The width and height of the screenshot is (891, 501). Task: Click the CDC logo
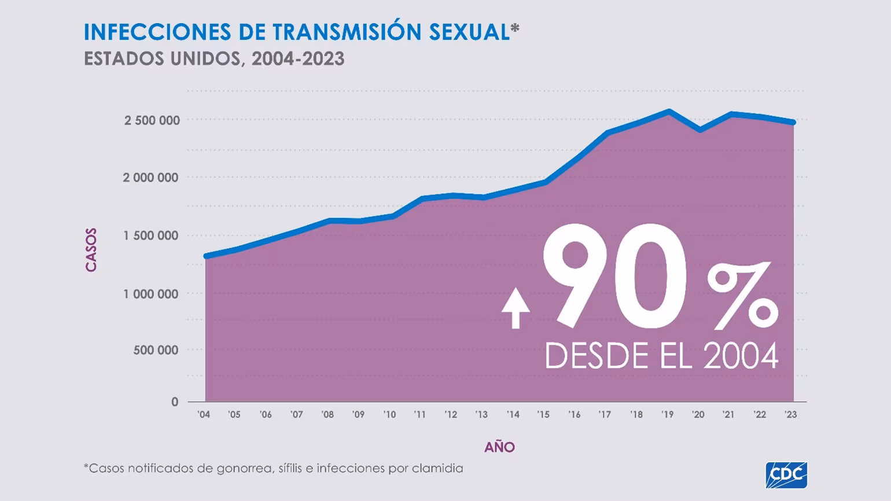click(x=786, y=475)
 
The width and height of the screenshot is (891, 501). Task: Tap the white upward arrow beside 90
click(x=516, y=309)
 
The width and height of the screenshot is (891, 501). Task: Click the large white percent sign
click(x=742, y=296)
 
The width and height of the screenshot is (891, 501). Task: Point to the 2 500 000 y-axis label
click(x=152, y=120)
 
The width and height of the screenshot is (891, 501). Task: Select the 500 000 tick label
click(x=156, y=350)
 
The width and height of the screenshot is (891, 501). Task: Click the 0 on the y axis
click(x=175, y=402)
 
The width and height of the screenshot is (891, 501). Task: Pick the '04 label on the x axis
click(x=204, y=415)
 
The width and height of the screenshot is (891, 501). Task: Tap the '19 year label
click(x=667, y=415)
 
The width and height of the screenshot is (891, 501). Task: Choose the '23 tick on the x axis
click(x=790, y=415)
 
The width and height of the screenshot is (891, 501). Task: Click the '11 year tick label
click(x=419, y=415)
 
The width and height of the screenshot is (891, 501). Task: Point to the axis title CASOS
click(x=91, y=250)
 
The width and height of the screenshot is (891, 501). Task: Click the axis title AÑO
click(x=499, y=447)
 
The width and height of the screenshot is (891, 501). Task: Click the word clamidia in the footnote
click(x=437, y=468)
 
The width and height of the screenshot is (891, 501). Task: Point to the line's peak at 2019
click(x=669, y=111)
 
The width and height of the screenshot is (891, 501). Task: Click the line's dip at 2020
click(x=700, y=130)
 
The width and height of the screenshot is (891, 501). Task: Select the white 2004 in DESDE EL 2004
click(x=741, y=356)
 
